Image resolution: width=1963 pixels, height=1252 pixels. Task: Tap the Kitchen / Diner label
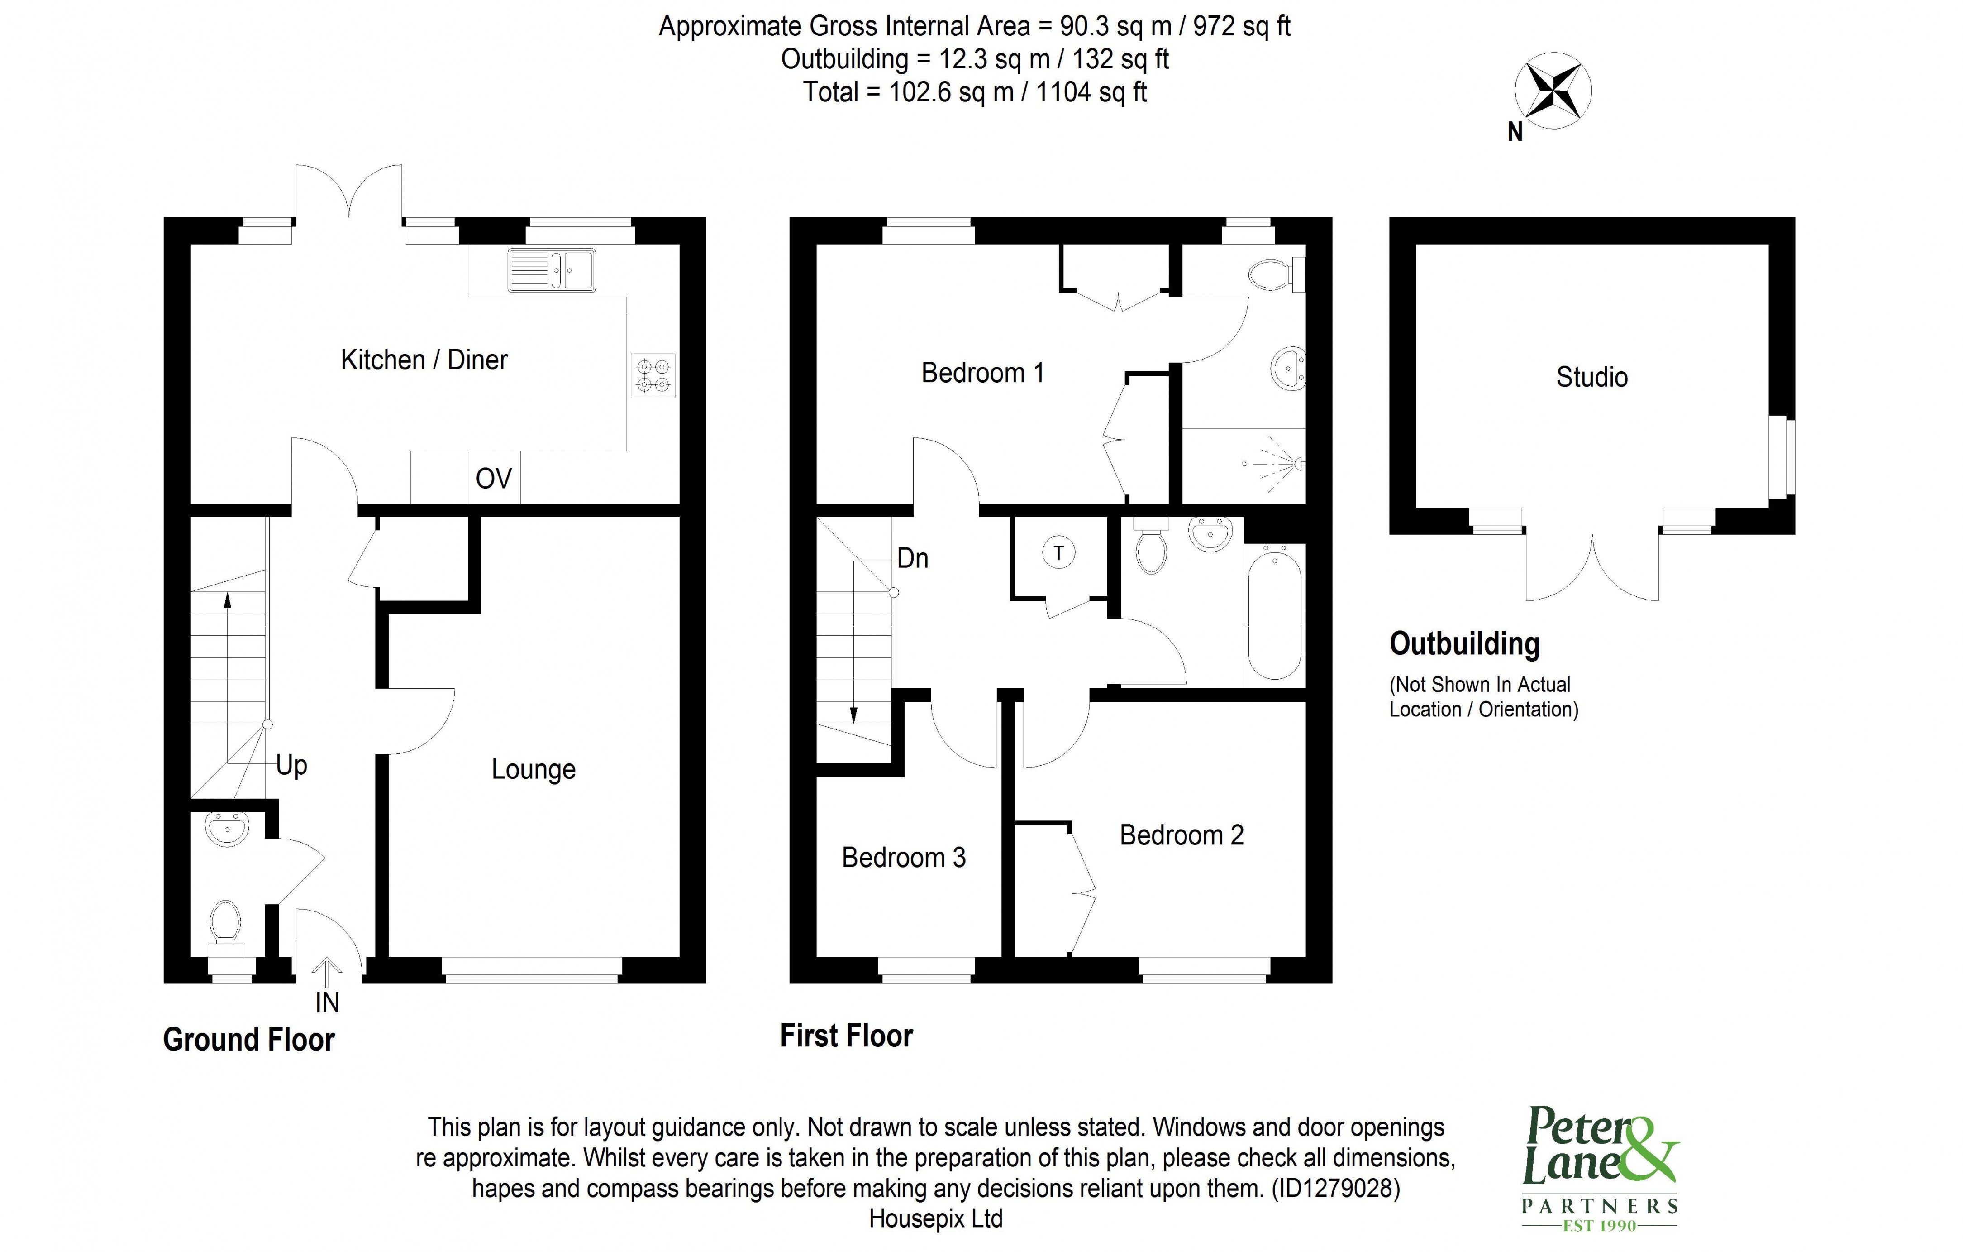point(424,360)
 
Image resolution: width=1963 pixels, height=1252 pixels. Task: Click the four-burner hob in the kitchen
point(653,376)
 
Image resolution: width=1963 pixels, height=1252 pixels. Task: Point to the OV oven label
point(493,479)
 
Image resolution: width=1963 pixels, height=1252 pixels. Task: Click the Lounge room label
point(533,769)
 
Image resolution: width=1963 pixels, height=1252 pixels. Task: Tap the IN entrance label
point(327,1003)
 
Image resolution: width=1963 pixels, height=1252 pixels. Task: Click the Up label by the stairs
point(291,765)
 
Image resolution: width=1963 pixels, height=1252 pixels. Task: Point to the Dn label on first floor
point(912,559)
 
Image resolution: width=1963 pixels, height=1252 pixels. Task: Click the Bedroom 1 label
point(982,373)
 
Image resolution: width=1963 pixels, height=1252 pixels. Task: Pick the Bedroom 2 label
point(1181,835)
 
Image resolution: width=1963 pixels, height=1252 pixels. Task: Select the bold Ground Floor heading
point(248,1040)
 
